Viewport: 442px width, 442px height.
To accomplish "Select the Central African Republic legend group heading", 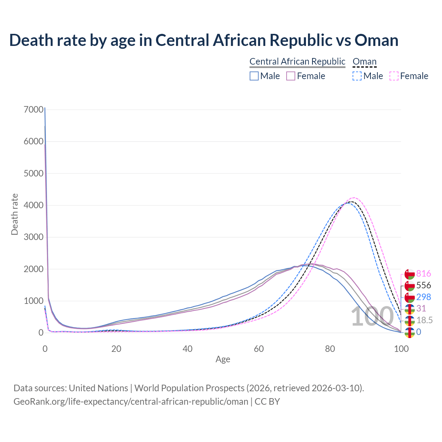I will click(297, 61).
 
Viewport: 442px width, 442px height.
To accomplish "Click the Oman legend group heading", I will click(364, 61).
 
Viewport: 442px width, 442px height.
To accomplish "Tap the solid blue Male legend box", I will click(254, 76).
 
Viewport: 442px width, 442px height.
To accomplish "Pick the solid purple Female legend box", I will click(291, 76).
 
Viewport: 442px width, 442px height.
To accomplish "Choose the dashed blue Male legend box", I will click(357, 76).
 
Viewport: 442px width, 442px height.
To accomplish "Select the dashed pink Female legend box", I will click(394, 76).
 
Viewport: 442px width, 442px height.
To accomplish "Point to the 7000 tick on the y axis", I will click(34, 109).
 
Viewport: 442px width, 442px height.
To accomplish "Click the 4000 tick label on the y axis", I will click(34, 205).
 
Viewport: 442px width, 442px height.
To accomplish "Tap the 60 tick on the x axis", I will click(259, 349).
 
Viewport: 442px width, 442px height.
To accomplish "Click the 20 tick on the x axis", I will click(116, 349).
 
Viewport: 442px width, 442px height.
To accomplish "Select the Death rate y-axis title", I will click(15, 214).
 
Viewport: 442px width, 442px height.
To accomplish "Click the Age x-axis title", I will click(223, 359).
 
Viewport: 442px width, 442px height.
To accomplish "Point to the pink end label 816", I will click(424, 274).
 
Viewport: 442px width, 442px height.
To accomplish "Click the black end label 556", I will click(424, 285).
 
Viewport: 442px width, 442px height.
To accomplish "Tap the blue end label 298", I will click(424, 297).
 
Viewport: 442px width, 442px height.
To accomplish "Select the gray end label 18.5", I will click(424, 320).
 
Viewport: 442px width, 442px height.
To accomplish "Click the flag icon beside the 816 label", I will click(410, 274).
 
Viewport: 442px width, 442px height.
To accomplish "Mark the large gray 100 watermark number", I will click(372, 317).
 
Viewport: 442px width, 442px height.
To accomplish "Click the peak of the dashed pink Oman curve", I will click(354, 198).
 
